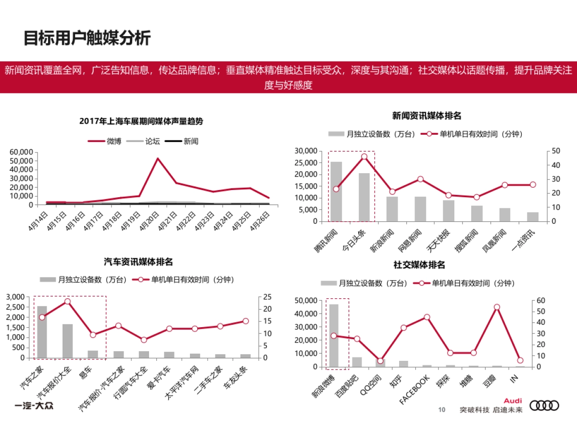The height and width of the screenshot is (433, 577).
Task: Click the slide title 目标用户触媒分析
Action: tap(87, 38)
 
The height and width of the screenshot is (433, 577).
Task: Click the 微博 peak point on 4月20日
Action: tap(158, 158)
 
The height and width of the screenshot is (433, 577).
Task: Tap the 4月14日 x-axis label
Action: tap(38, 220)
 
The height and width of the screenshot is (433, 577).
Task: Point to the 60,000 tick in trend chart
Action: tap(21, 152)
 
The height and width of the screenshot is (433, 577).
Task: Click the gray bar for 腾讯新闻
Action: tap(336, 191)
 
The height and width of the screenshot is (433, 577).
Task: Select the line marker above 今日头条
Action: tap(364, 157)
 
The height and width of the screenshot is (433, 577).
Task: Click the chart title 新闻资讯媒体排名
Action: tap(426, 115)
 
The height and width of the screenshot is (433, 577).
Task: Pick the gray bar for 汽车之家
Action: tap(42, 332)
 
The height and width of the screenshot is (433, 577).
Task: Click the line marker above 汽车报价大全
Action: tap(67, 302)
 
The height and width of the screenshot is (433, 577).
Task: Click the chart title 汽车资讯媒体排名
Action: tap(138, 262)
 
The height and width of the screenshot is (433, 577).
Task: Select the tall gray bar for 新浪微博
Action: tap(333, 335)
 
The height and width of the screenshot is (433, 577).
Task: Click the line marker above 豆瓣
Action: tap(497, 307)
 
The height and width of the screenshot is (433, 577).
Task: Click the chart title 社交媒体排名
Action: tap(419, 265)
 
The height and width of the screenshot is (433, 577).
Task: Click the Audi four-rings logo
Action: tap(544, 406)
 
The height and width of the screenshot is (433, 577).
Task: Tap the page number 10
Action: tap(441, 410)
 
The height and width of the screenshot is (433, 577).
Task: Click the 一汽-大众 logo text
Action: tap(33, 406)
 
